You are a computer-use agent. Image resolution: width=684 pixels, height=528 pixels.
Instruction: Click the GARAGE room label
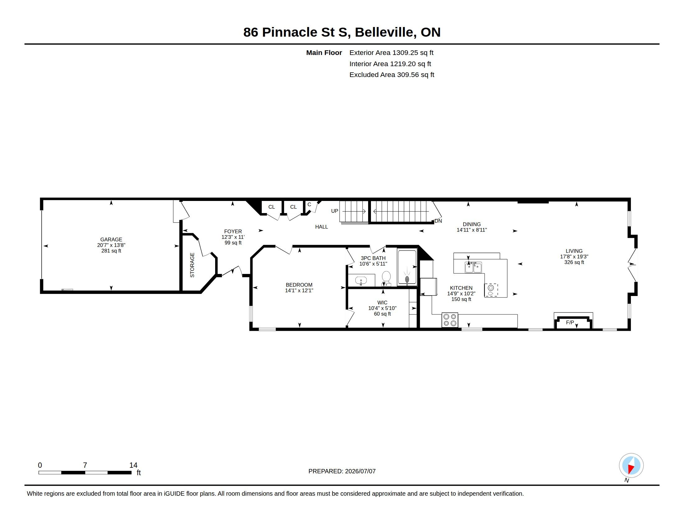[x=111, y=239]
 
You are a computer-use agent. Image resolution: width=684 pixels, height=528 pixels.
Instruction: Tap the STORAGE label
[x=192, y=265]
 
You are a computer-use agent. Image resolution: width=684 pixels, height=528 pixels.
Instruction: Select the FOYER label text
[x=233, y=231]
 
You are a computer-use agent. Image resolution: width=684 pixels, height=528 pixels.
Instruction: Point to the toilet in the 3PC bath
[x=386, y=278]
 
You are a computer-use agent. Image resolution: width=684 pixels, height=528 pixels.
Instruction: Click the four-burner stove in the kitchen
[x=450, y=320]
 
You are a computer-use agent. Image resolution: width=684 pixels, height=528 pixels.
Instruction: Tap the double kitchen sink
[x=473, y=268]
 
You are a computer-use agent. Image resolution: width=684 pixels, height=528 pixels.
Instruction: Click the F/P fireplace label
[x=570, y=322]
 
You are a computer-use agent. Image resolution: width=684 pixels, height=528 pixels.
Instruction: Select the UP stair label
[x=335, y=211]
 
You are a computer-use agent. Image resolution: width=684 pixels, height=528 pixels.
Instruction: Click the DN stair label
[x=438, y=221]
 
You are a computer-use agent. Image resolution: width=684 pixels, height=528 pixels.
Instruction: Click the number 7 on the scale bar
[x=85, y=465]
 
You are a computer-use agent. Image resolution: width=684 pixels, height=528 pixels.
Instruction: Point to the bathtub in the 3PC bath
[x=407, y=267]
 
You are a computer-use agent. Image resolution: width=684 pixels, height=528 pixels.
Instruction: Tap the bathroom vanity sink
[x=361, y=280]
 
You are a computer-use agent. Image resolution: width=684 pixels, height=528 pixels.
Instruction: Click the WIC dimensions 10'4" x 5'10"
[x=382, y=308]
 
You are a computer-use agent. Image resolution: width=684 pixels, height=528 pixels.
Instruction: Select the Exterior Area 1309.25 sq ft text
[x=391, y=53]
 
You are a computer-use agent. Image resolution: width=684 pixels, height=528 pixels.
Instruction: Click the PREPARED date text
[x=342, y=471]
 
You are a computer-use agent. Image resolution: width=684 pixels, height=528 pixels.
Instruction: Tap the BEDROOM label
[x=299, y=285]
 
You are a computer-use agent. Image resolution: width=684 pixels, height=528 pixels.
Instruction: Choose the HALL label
[x=322, y=227]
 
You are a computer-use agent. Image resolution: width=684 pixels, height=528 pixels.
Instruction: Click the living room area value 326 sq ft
[x=574, y=262]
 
